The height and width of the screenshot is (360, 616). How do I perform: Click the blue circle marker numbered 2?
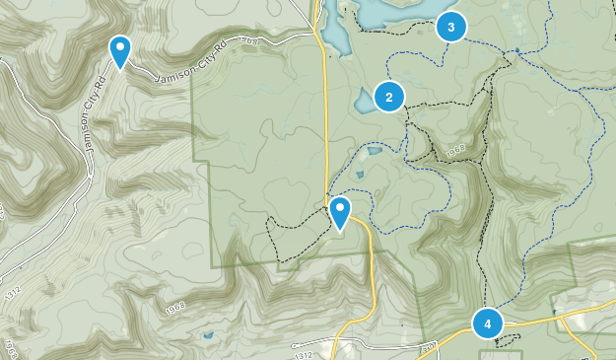(389, 96)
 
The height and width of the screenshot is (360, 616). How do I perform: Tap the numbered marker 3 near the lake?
(450, 28)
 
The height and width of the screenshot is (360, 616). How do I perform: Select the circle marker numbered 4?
(487, 323)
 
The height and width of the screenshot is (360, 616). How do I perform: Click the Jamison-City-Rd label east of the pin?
(193, 59)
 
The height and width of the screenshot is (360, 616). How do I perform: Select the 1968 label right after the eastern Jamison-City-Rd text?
(248, 41)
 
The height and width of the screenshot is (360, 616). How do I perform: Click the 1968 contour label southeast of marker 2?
(455, 151)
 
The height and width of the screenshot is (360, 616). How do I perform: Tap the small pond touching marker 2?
(364, 101)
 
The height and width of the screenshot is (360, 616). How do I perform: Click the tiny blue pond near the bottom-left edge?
(207, 337)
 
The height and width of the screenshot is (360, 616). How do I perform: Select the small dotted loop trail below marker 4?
(507, 341)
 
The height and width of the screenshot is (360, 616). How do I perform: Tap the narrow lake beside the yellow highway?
(334, 37)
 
